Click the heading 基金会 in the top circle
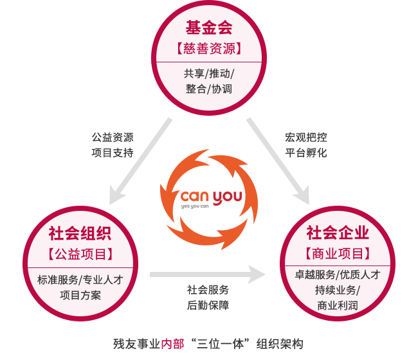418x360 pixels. (209, 28)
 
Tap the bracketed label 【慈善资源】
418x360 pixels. (209, 49)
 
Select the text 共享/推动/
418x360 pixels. (209, 73)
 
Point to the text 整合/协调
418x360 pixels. (209, 89)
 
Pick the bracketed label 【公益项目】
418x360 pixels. (80, 253)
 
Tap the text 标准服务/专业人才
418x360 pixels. (80, 279)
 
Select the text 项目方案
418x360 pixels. (80, 295)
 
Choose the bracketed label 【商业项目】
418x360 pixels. (338, 253)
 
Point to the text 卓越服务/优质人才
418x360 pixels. (338, 275)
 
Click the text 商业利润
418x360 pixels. (338, 306)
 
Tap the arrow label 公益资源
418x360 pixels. (113, 137)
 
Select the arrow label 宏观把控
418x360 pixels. (306, 137)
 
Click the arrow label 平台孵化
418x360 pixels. (306, 153)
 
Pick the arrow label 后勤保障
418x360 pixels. (208, 305)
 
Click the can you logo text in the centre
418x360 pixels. (210, 195)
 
